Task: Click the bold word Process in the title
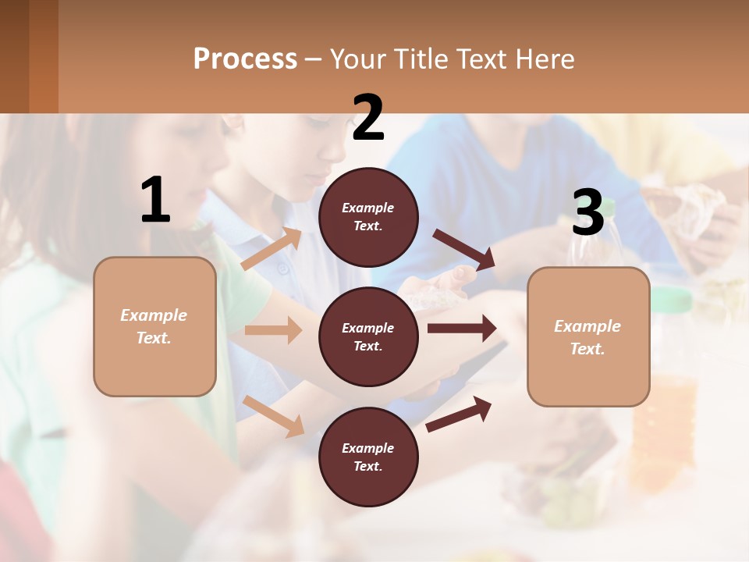245,59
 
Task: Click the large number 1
155,201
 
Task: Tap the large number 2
368,119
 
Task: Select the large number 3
587,212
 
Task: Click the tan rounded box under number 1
154,326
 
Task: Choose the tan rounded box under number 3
588,336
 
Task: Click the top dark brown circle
368,217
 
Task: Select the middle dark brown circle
368,336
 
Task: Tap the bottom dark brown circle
368,457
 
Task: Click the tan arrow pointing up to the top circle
271,249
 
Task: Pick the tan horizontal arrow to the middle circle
273,330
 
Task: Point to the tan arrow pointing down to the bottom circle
274,416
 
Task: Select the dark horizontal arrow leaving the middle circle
462,329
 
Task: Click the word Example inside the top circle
368,208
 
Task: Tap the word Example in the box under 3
587,326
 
